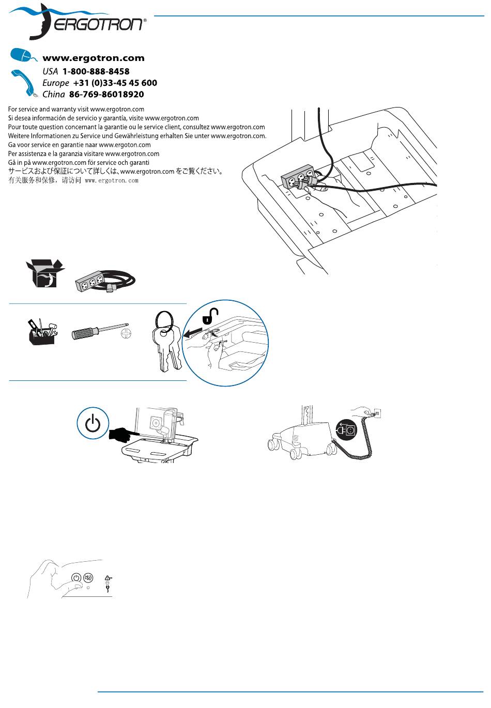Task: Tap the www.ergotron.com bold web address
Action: (93, 58)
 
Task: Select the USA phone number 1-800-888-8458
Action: (96, 71)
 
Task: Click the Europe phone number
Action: (115, 83)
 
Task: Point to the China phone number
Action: (106, 95)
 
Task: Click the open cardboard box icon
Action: (44, 273)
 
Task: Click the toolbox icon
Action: (42, 332)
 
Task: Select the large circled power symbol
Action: (93, 424)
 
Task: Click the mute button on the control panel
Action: (88, 578)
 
